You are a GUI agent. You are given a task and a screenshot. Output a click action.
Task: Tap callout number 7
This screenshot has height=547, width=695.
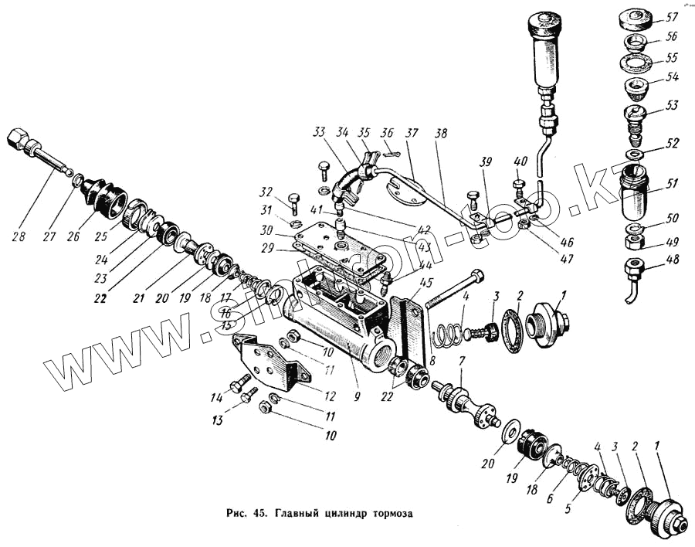pos(461,362)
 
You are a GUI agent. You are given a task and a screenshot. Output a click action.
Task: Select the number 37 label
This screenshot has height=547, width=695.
pos(414,134)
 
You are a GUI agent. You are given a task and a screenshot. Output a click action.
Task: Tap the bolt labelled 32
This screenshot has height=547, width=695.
pos(294,203)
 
